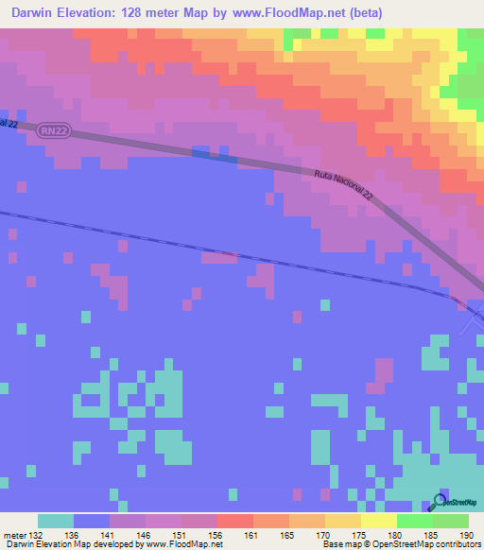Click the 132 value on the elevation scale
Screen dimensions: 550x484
37,534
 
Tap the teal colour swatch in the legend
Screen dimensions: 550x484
56,521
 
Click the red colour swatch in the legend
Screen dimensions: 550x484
235,521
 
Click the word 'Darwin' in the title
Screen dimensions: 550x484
33,11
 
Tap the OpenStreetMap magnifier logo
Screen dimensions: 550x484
439,502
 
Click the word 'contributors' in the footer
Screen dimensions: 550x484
457,544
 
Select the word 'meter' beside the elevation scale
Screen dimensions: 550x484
13,534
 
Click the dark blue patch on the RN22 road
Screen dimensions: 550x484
214,153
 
